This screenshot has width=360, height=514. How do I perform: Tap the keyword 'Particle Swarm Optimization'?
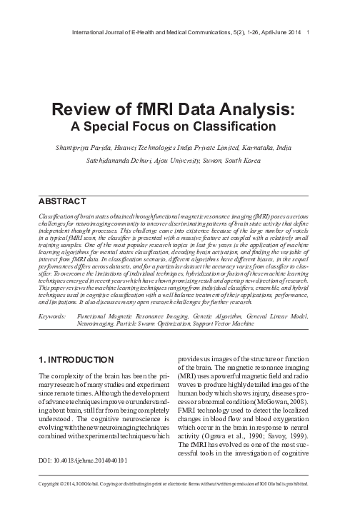pyautogui.click(x=151, y=323)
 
